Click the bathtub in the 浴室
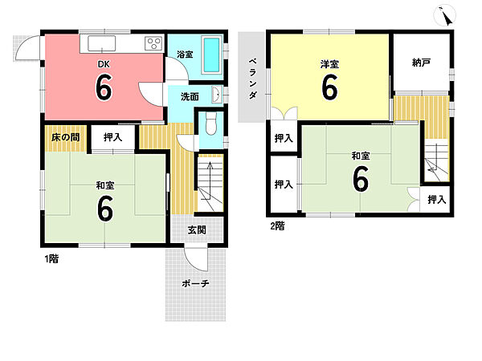[212, 55]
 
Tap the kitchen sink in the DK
[102, 43]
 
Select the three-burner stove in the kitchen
[153, 43]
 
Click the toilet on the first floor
[210, 124]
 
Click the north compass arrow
[445, 17]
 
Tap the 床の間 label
[65, 137]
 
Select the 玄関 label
[197, 230]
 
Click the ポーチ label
[195, 283]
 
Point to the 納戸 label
[421, 63]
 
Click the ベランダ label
[252, 79]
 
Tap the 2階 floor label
[277, 226]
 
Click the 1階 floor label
[51, 259]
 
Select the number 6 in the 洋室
[329, 87]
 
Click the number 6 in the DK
[104, 87]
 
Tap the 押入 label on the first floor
[112, 137]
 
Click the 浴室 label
[185, 55]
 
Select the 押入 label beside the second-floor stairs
[437, 200]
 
